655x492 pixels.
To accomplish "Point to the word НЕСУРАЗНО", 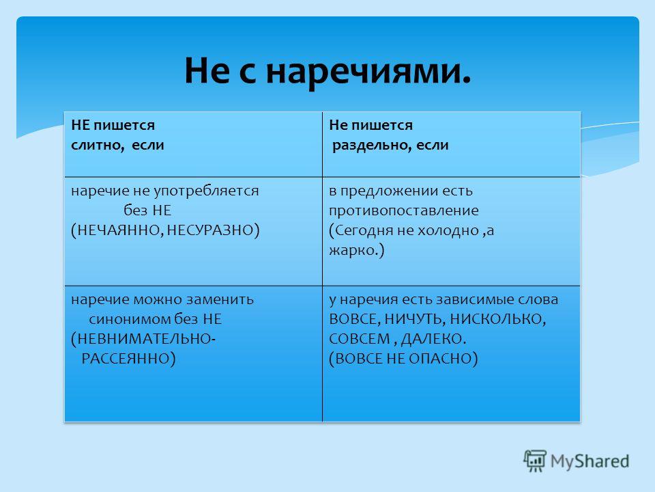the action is (210, 230).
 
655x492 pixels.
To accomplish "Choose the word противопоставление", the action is (404, 210).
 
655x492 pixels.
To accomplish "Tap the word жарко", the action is (353, 250).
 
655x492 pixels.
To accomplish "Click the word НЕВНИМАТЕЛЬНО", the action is (145, 339).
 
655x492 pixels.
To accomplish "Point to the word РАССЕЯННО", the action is (126, 359).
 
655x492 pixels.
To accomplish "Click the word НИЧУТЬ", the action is (411, 319).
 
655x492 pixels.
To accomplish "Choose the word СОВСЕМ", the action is (360, 339).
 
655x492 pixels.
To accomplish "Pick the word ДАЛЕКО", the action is (432, 339).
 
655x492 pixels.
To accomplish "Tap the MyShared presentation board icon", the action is (535, 461).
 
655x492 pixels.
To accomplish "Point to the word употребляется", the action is (206, 191).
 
